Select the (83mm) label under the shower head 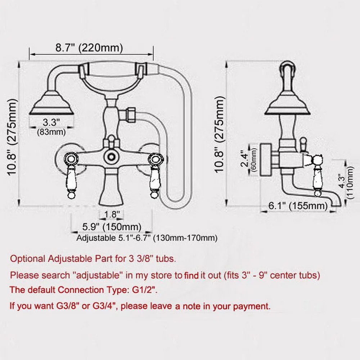tap(51, 132)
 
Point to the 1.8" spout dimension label tap(112, 214)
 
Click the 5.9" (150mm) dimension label tap(111, 227)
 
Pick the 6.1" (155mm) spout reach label tap(298, 206)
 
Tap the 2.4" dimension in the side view tap(246, 157)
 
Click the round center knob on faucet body tap(112, 156)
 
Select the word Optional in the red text tap(27, 258)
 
